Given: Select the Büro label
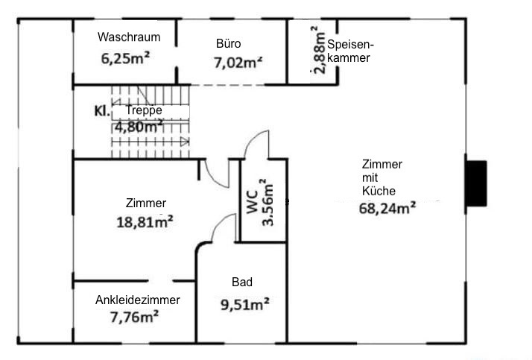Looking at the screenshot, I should pos(228,43).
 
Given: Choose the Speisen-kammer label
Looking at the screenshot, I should pos(349,51).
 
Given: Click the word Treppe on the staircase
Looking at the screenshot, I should pos(144,110).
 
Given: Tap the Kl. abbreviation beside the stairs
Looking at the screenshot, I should pos(102,111).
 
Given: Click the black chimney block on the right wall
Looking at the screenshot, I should pos(475,183).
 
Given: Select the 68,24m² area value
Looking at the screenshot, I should pos(387,209).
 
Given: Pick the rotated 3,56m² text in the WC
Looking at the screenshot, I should pos(270,201).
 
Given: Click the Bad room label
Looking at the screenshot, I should pos(241,282).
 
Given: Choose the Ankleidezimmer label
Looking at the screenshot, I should pos(138,300).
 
